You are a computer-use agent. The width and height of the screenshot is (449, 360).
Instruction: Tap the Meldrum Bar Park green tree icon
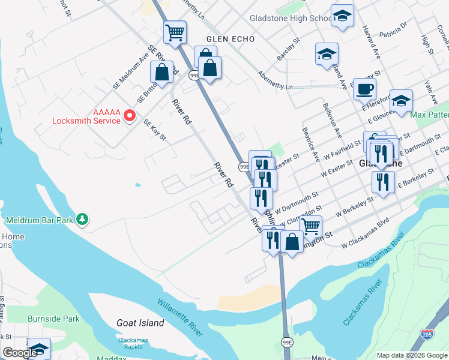(x=83, y=220)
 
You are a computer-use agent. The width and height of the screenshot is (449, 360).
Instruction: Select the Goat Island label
(x=140, y=323)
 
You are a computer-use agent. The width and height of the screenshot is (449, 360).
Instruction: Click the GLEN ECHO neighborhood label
(x=230, y=39)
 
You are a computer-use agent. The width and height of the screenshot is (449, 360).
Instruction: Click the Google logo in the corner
(x=20, y=353)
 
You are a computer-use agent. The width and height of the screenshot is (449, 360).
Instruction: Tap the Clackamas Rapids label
(x=133, y=344)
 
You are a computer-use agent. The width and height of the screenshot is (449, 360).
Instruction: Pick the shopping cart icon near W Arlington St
(x=310, y=227)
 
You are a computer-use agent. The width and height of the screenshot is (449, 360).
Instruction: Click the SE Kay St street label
(x=154, y=130)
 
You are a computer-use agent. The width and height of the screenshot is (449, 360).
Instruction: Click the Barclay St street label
(x=288, y=50)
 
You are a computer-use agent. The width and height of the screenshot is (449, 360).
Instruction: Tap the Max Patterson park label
(x=429, y=114)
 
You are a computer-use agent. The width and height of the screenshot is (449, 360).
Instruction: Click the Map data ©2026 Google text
(x=411, y=355)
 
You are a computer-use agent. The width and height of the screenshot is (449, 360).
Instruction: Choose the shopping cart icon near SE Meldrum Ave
(x=175, y=32)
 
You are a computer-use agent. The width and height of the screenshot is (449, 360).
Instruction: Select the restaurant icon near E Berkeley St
(x=382, y=181)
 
